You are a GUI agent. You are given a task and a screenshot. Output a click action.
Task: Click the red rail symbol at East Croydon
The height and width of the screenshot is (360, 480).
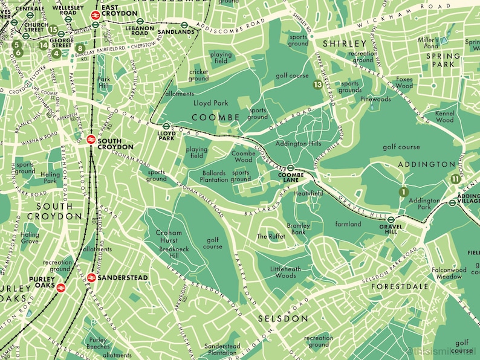click(95, 17)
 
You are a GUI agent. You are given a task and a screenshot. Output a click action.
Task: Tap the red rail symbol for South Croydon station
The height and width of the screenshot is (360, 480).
click(89, 140)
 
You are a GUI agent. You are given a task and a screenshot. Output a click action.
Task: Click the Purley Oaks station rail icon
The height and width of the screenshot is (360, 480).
click(61, 288)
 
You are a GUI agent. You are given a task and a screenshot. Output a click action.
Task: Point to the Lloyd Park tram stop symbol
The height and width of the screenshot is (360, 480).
click(166, 127)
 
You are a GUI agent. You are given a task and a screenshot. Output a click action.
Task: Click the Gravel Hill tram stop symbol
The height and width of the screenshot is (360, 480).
click(391, 220)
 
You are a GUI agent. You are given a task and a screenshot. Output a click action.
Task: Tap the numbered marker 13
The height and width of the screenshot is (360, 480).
click(318, 85)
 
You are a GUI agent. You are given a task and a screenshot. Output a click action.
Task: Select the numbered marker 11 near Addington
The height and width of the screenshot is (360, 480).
click(455, 178)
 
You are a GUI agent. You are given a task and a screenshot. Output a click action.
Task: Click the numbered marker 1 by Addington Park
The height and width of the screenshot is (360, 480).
click(402, 192)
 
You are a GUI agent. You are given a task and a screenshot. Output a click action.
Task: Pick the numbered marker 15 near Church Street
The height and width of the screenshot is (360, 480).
click(53, 29)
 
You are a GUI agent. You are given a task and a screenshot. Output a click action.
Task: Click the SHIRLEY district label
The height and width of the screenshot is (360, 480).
click(345, 43)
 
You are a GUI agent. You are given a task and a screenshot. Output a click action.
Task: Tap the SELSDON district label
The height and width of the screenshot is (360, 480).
click(283, 318)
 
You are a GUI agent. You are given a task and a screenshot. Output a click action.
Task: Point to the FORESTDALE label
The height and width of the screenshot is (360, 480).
click(400, 286)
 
